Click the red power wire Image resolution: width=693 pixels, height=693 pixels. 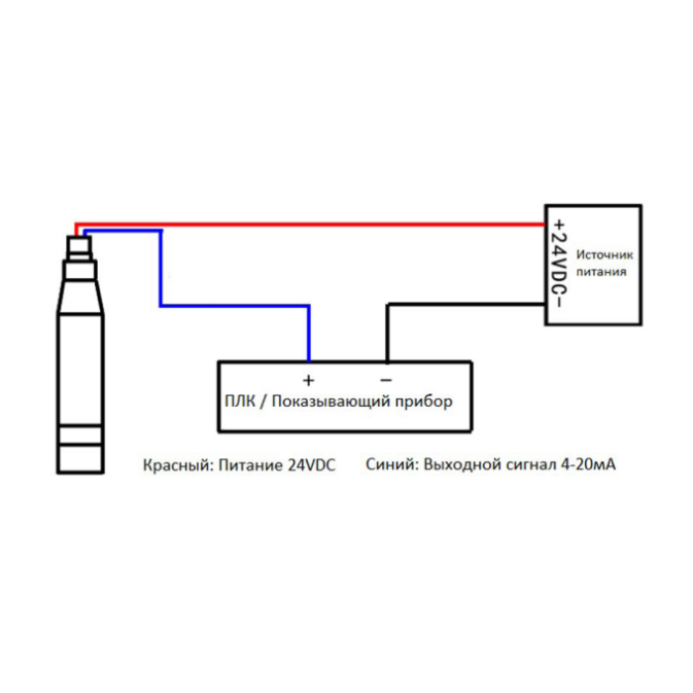coord(309,225)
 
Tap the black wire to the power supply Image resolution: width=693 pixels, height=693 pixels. coord(442,305)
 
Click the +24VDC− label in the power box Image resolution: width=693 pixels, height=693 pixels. coord(558,263)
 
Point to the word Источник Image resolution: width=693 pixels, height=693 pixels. coord(604,255)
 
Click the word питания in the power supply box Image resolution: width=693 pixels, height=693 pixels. coord(601,271)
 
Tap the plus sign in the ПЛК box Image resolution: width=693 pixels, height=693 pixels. coord(309,380)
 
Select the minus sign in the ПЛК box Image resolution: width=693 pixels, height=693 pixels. coord(386,379)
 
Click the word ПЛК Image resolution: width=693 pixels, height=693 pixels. coord(240,401)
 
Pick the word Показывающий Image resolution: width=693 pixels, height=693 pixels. coord(331,401)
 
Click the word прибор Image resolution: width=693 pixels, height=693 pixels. coord(424,402)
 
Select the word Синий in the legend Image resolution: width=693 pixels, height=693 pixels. coord(392,464)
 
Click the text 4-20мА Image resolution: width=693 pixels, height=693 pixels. coord(588,464)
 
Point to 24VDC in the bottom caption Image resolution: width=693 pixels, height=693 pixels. coord(312,465)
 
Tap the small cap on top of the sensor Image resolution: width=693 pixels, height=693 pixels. coord(79,247)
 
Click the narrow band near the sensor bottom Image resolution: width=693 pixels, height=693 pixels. coord(80,434)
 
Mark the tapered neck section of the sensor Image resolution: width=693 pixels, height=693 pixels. coord(80,297)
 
